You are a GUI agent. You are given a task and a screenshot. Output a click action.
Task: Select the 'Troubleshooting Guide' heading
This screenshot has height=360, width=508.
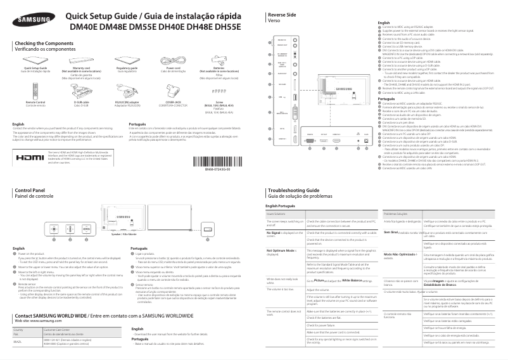point(293,190)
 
